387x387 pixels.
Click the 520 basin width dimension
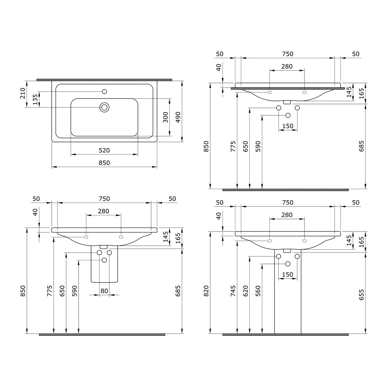click(104, 150)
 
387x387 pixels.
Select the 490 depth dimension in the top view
click(178, 117)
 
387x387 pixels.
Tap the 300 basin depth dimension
click(166, 117)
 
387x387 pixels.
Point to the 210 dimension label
click(23, 93)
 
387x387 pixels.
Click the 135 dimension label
click(35, 99)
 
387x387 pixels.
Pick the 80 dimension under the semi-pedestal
click(104, 291)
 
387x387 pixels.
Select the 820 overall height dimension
click(206, 291)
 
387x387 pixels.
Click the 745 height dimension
click(233, 291)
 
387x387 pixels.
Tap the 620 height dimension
click(245, 291)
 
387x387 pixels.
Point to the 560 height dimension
click(258, 291)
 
